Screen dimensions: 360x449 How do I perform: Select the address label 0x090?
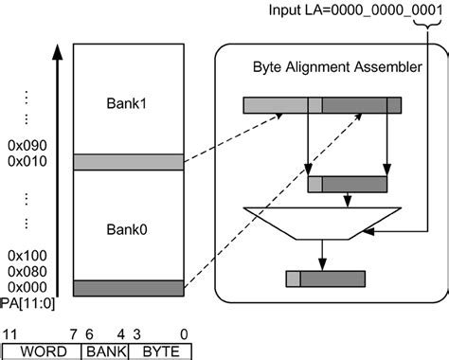pyautogui.click(x=27, y=148)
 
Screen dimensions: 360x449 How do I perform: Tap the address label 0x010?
pyautogui.click(x=27, y=163)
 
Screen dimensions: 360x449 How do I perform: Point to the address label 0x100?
pyautogui.click(x=27, y=256)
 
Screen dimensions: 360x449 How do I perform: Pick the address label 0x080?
pyautogui.click(x=27, y=271)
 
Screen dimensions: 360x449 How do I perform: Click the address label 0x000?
pyautogui.click(x=27, y=286)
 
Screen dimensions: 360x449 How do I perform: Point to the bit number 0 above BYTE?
pyautogui.click(x=183, y=333)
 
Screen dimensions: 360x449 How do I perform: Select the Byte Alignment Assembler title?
pyautogui.click(x=337, y=67)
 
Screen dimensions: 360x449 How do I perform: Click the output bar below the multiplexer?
pyautogui.click(x=324, y=279)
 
